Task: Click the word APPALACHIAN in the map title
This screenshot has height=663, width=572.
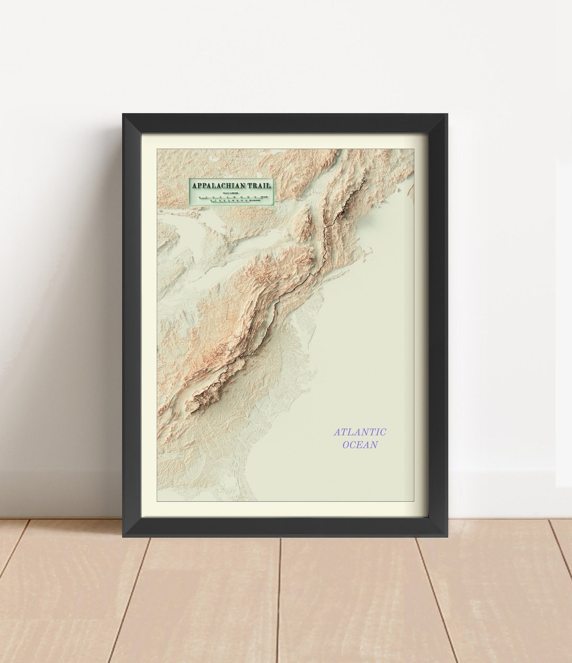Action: point(222,186)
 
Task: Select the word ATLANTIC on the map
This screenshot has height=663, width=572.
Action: point(360,432)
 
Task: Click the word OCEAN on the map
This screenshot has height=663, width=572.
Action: point(360,445)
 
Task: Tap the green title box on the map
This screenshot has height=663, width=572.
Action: point(230,192)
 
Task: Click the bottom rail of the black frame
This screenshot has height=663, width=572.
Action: point(286,527)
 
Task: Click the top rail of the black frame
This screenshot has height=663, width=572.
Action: point(286,123)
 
